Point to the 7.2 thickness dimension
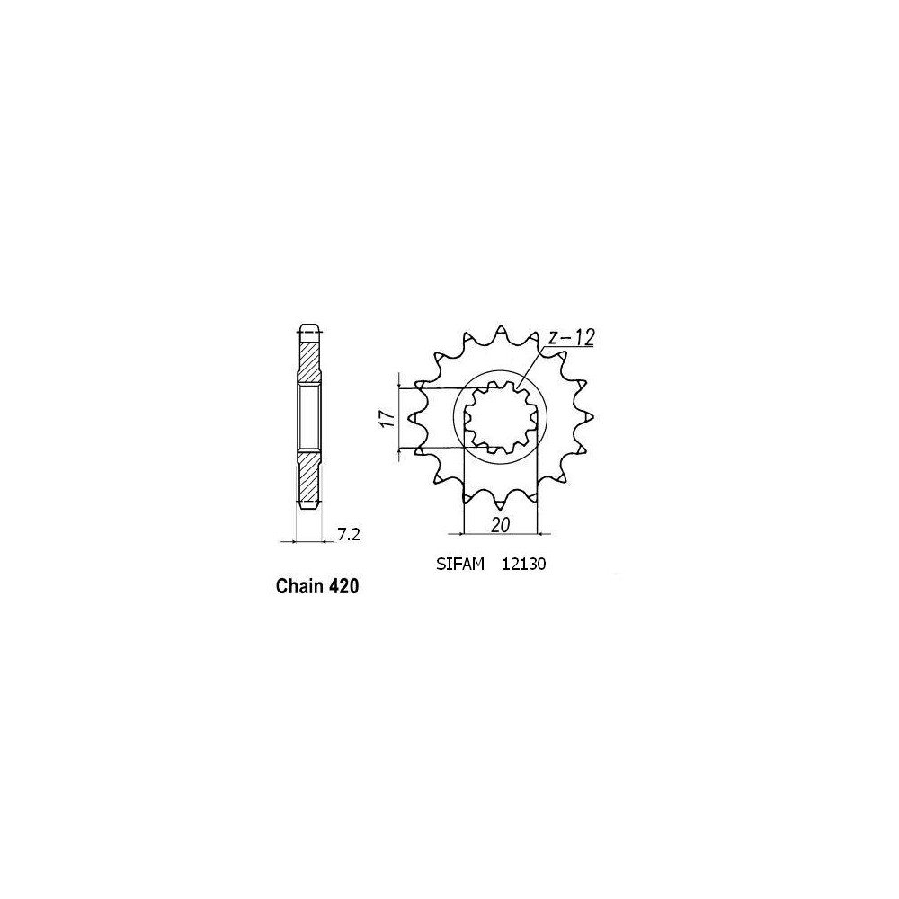click(x=349, y=537)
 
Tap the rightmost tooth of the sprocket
click(x=587, y=417)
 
